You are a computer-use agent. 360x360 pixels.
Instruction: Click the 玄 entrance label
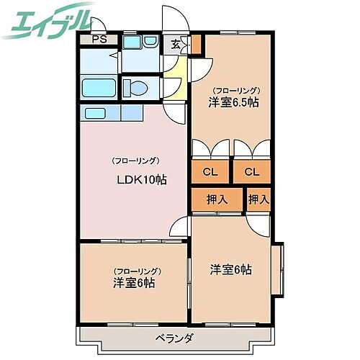pos(176,42)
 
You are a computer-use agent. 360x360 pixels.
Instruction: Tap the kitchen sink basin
pos(94,113)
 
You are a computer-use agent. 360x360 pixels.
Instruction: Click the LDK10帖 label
pos(142,179)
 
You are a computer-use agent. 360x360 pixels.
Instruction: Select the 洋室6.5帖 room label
pos(234,102)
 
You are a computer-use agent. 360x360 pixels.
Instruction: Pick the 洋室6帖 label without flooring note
pos(230,269)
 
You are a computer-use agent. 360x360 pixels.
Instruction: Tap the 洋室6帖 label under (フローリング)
pos(135,282)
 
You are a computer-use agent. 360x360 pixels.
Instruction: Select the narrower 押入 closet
pos(258,199)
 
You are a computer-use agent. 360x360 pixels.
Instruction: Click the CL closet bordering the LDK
pos(210,171)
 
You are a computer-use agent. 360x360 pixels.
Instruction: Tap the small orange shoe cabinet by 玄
pos(197,44)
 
